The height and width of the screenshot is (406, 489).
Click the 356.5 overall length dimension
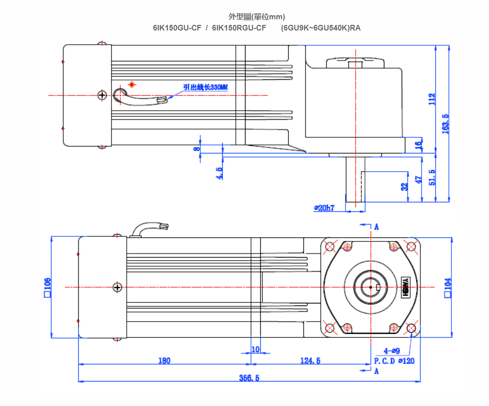249,378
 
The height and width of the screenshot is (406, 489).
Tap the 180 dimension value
164,360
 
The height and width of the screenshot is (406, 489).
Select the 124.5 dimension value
310,360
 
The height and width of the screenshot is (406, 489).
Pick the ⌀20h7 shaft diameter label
324,208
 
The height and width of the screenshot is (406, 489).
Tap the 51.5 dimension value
432,178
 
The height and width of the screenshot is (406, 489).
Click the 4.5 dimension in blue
219,173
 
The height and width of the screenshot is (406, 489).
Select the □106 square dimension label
47,287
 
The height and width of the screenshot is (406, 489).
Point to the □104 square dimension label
447,288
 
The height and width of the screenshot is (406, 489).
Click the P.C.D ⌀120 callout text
394,361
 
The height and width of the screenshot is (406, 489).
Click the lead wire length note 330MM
205,87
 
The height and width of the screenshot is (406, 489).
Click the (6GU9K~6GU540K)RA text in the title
321,28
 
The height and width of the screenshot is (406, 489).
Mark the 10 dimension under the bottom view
255,349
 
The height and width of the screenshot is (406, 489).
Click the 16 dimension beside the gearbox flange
418,144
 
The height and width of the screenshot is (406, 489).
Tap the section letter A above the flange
376,227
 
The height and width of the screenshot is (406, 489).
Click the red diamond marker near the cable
132,84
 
